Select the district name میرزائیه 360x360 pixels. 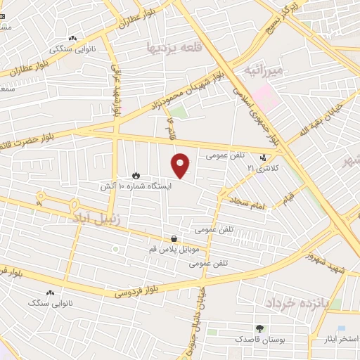tap(264, 70)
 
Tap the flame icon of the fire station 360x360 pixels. tap(136, 175)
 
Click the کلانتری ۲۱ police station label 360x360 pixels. tap(262, 169)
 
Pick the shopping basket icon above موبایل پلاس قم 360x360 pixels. tap(174, 238)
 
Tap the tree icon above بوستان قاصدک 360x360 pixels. tap(259, 328)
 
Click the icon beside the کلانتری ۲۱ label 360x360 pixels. tap(263, 157)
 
